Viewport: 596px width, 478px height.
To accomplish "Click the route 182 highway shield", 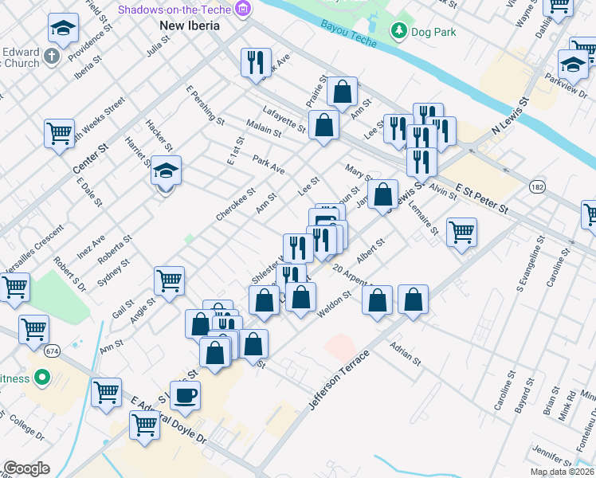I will pos(537,186).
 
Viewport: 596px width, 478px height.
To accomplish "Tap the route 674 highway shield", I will pos(53,351).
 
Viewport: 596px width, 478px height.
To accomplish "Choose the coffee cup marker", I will pos(186,394).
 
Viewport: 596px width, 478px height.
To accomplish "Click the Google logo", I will pos(26,468).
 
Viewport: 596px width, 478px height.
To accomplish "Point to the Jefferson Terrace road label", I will pos(339,380).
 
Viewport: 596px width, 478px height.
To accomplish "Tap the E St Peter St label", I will pos(482,198).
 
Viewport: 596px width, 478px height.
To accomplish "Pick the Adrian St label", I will pos(405,355).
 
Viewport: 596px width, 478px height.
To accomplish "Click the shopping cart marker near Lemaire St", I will pos(461,233).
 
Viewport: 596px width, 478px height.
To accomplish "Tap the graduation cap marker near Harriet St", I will pos(166,170).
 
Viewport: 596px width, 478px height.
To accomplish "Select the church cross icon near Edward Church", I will pos(52,57).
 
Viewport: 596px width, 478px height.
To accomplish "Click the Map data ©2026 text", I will pos(563,472).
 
